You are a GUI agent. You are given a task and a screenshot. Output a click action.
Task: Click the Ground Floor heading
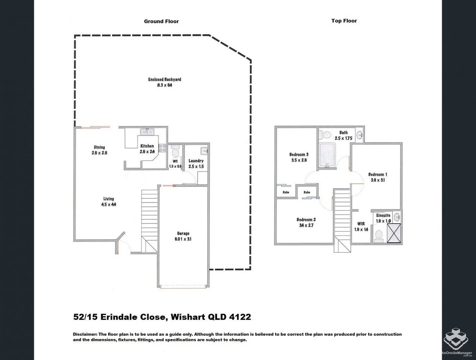(161, 21)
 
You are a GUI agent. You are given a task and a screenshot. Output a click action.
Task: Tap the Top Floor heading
(344, 21)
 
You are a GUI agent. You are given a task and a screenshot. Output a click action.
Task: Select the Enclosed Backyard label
(165, 80)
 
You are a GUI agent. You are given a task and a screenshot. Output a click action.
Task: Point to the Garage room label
(183, 234)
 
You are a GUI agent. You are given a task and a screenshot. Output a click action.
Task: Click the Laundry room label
(196, 161)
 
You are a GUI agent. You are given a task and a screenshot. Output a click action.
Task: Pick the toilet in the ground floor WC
(175, 153)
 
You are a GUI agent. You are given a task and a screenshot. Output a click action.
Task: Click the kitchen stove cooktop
(163, 148)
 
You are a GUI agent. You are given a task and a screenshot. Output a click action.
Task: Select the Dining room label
(99, 147)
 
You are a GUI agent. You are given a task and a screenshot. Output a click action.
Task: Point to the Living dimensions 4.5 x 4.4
(109, 205)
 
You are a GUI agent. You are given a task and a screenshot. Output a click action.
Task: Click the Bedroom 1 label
(377, 174)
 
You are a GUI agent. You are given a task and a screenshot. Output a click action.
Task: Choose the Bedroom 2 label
(306, 220)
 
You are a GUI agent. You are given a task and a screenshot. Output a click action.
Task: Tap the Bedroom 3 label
(299, 155)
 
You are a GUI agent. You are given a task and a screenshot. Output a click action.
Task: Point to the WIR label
(361, 224)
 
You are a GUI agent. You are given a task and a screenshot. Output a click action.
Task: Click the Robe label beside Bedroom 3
(286, 192)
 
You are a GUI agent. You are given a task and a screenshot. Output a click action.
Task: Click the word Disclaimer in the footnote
(85, 334)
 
